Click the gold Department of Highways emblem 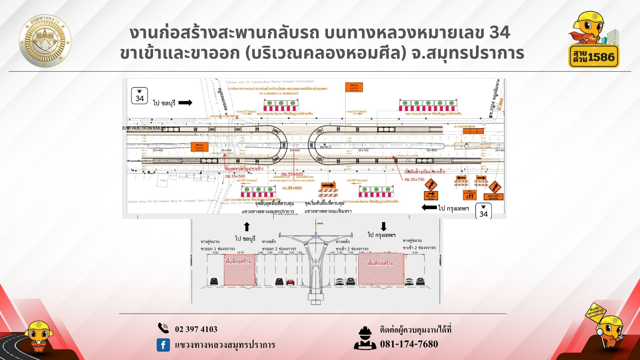click(x=45, y=41)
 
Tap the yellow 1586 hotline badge click(x=594, y=57)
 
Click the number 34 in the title click(x=500, y=32)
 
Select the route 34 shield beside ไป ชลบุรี click(x=139, y=96)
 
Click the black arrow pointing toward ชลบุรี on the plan click(x=185, y=103)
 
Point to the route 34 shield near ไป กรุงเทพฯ click(x=483, y=211)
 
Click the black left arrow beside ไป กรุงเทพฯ click(x=429, y=208)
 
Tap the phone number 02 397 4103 click(x=196, y=329)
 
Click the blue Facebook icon click(x=163, y=345)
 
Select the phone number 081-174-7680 click(x=409, y=344)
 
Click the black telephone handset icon click(x=163, y=328)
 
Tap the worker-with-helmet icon click(x=365, y=338)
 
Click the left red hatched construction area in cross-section click(x=240, y=271)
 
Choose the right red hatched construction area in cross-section click(x=381, y=269)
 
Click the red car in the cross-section click(x=290, y=282)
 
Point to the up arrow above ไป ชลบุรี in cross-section click(x=247, y=227)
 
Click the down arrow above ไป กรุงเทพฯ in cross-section click(x=384, y=227)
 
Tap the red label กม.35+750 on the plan click(x=414, y=179)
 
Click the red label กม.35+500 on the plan click(x=235, y=176)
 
